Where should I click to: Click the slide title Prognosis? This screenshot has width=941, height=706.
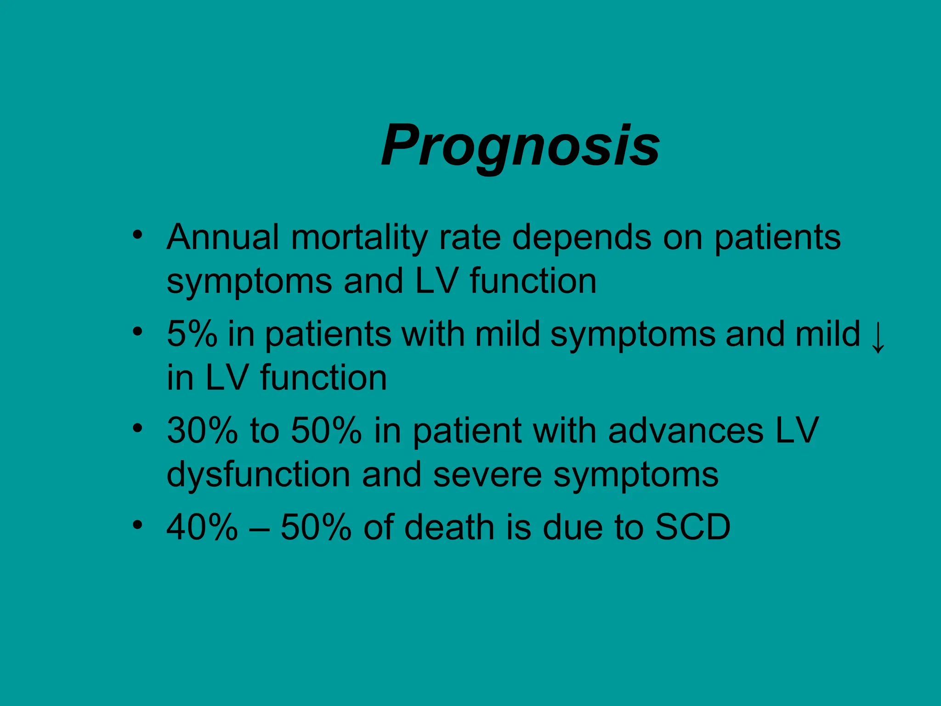(x=520, y=146)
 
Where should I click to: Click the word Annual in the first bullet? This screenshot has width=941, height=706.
(x=223, y=238)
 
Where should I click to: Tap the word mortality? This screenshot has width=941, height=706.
(x=359, y=238)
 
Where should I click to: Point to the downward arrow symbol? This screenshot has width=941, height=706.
(x=878, y=338)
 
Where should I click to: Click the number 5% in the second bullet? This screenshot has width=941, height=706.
(x=192, y=334)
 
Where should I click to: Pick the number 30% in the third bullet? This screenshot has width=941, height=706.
(x=203, y=431)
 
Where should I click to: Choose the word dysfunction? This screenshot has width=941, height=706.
(x=258, y=474)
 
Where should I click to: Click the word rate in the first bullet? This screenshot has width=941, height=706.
(x=470, y=238)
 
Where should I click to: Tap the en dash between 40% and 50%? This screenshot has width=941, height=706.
(x=259, y=528)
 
